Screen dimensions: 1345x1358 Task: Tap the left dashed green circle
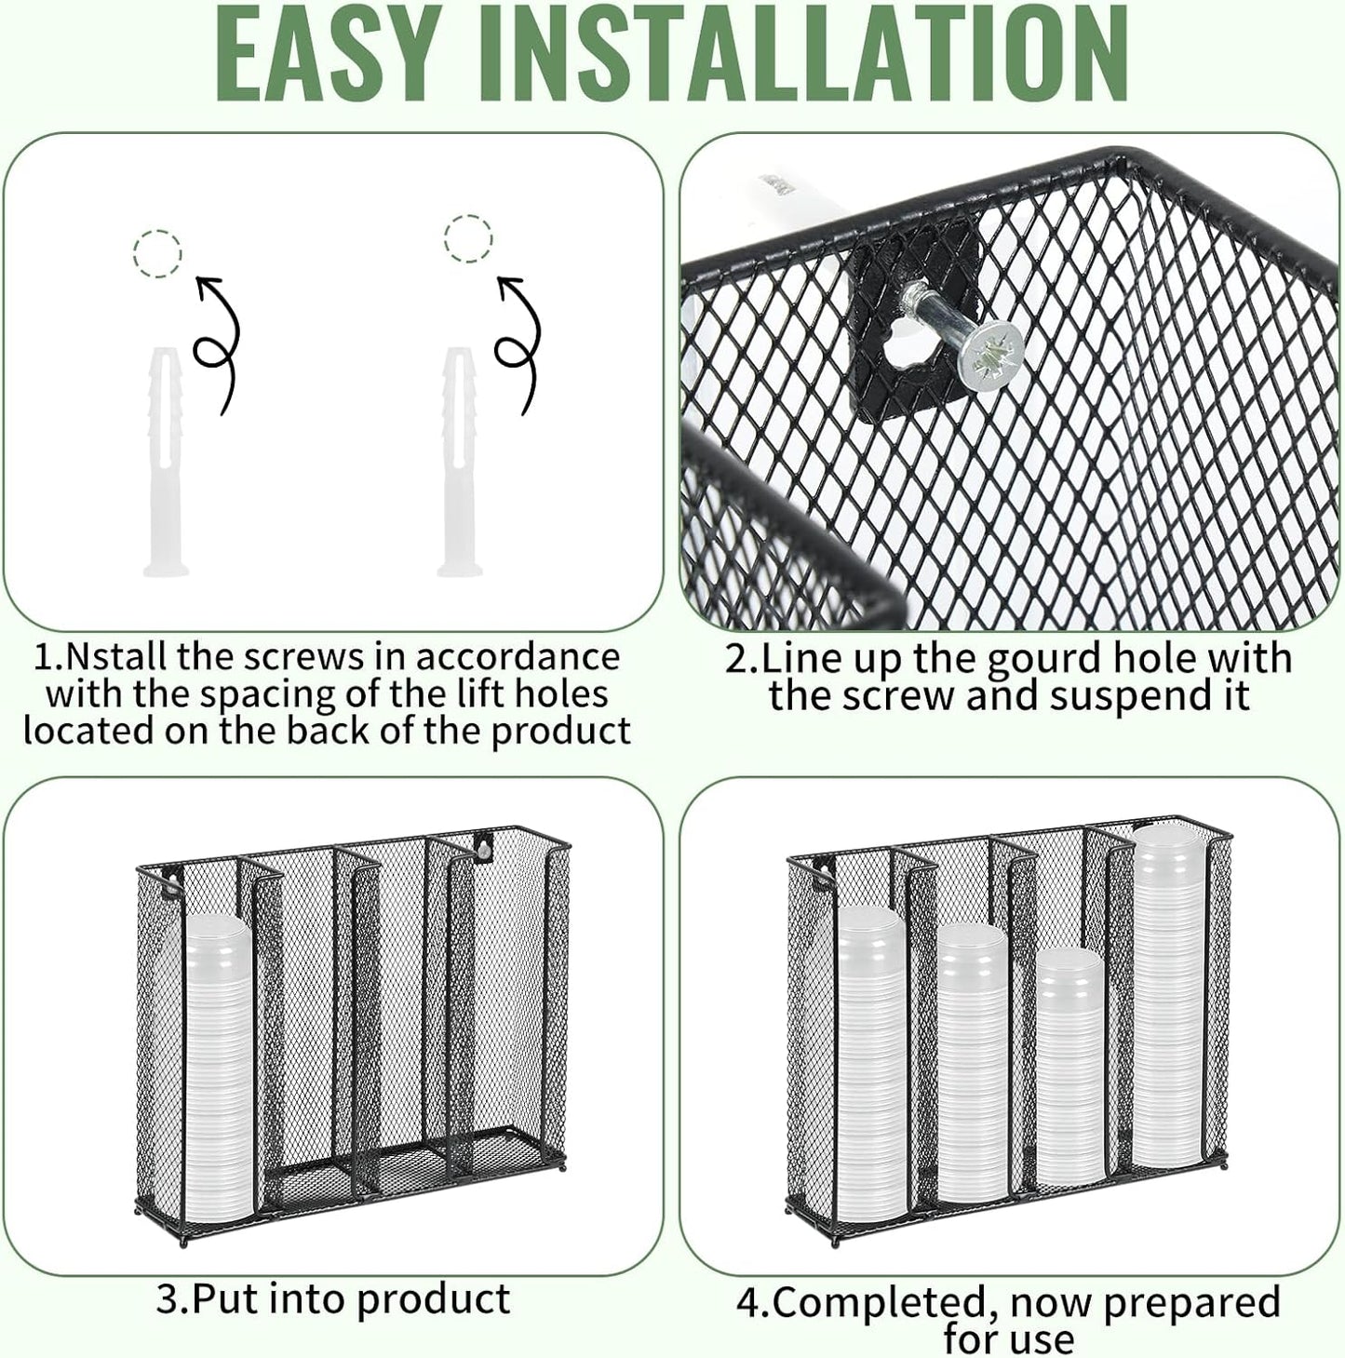pyautogui.click(x=157, y=253)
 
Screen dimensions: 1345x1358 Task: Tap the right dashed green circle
pyautogui.click(x=468, y=239)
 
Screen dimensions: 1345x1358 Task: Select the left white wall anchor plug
pyautogui.click(x=167, y=461)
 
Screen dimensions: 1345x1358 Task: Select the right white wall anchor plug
pyautogui.click(x=460, y=461)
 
